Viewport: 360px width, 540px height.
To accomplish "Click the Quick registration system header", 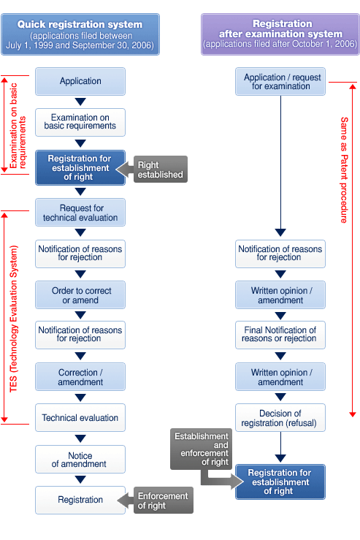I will pos(80,34).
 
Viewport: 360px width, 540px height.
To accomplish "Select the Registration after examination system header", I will pos(280,34).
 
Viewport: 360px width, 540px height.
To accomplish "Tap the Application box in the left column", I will pos(80,81).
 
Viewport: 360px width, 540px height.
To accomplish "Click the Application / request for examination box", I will pos(280,81).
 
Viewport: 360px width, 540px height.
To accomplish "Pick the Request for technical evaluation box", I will pos(80,213).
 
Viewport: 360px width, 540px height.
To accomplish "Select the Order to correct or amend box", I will pos(80,295).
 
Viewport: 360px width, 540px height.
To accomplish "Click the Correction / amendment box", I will pos(80,377).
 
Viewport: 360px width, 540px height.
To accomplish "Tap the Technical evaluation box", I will pos(80,418).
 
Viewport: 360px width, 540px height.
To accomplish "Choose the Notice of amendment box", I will pos(80,459).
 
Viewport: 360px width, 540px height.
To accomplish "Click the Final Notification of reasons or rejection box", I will pos(280,335).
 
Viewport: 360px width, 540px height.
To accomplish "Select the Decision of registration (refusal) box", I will pos(280,418).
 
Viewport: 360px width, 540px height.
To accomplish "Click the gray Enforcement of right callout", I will pos(162,501).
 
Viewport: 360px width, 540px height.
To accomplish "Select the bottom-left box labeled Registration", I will pos(80,500).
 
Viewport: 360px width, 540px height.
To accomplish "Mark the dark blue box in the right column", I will pos(280,482).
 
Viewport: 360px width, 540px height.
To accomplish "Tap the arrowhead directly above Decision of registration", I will pos(280,397).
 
